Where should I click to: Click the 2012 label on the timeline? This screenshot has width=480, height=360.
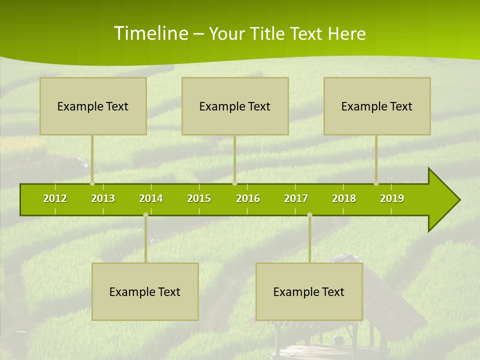(55, 198)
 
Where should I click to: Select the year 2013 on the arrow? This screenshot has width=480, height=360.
(103, 198)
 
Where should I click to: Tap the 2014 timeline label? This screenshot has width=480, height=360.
(151, 198)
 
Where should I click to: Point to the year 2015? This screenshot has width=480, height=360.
(199, 198)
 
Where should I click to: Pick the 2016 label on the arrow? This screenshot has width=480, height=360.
(248, 198)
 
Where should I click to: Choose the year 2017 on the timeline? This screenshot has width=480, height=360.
(296, 198)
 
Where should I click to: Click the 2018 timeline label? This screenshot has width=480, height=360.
(344, 198)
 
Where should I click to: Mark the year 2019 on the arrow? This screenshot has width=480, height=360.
(392, 198)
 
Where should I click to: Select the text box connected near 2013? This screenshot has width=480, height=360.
(93, 106)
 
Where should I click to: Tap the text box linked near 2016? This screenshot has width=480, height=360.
(235, 106)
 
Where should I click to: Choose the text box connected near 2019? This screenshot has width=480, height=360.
(377, 106)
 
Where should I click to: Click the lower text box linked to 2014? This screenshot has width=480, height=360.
(145, 291)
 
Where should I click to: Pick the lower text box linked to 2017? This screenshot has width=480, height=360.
(309, 291)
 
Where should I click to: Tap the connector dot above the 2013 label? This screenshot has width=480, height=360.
(92, 183)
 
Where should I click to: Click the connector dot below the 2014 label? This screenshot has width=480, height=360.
(145, 215)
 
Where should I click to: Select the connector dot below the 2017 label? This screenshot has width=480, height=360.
(309, 215)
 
